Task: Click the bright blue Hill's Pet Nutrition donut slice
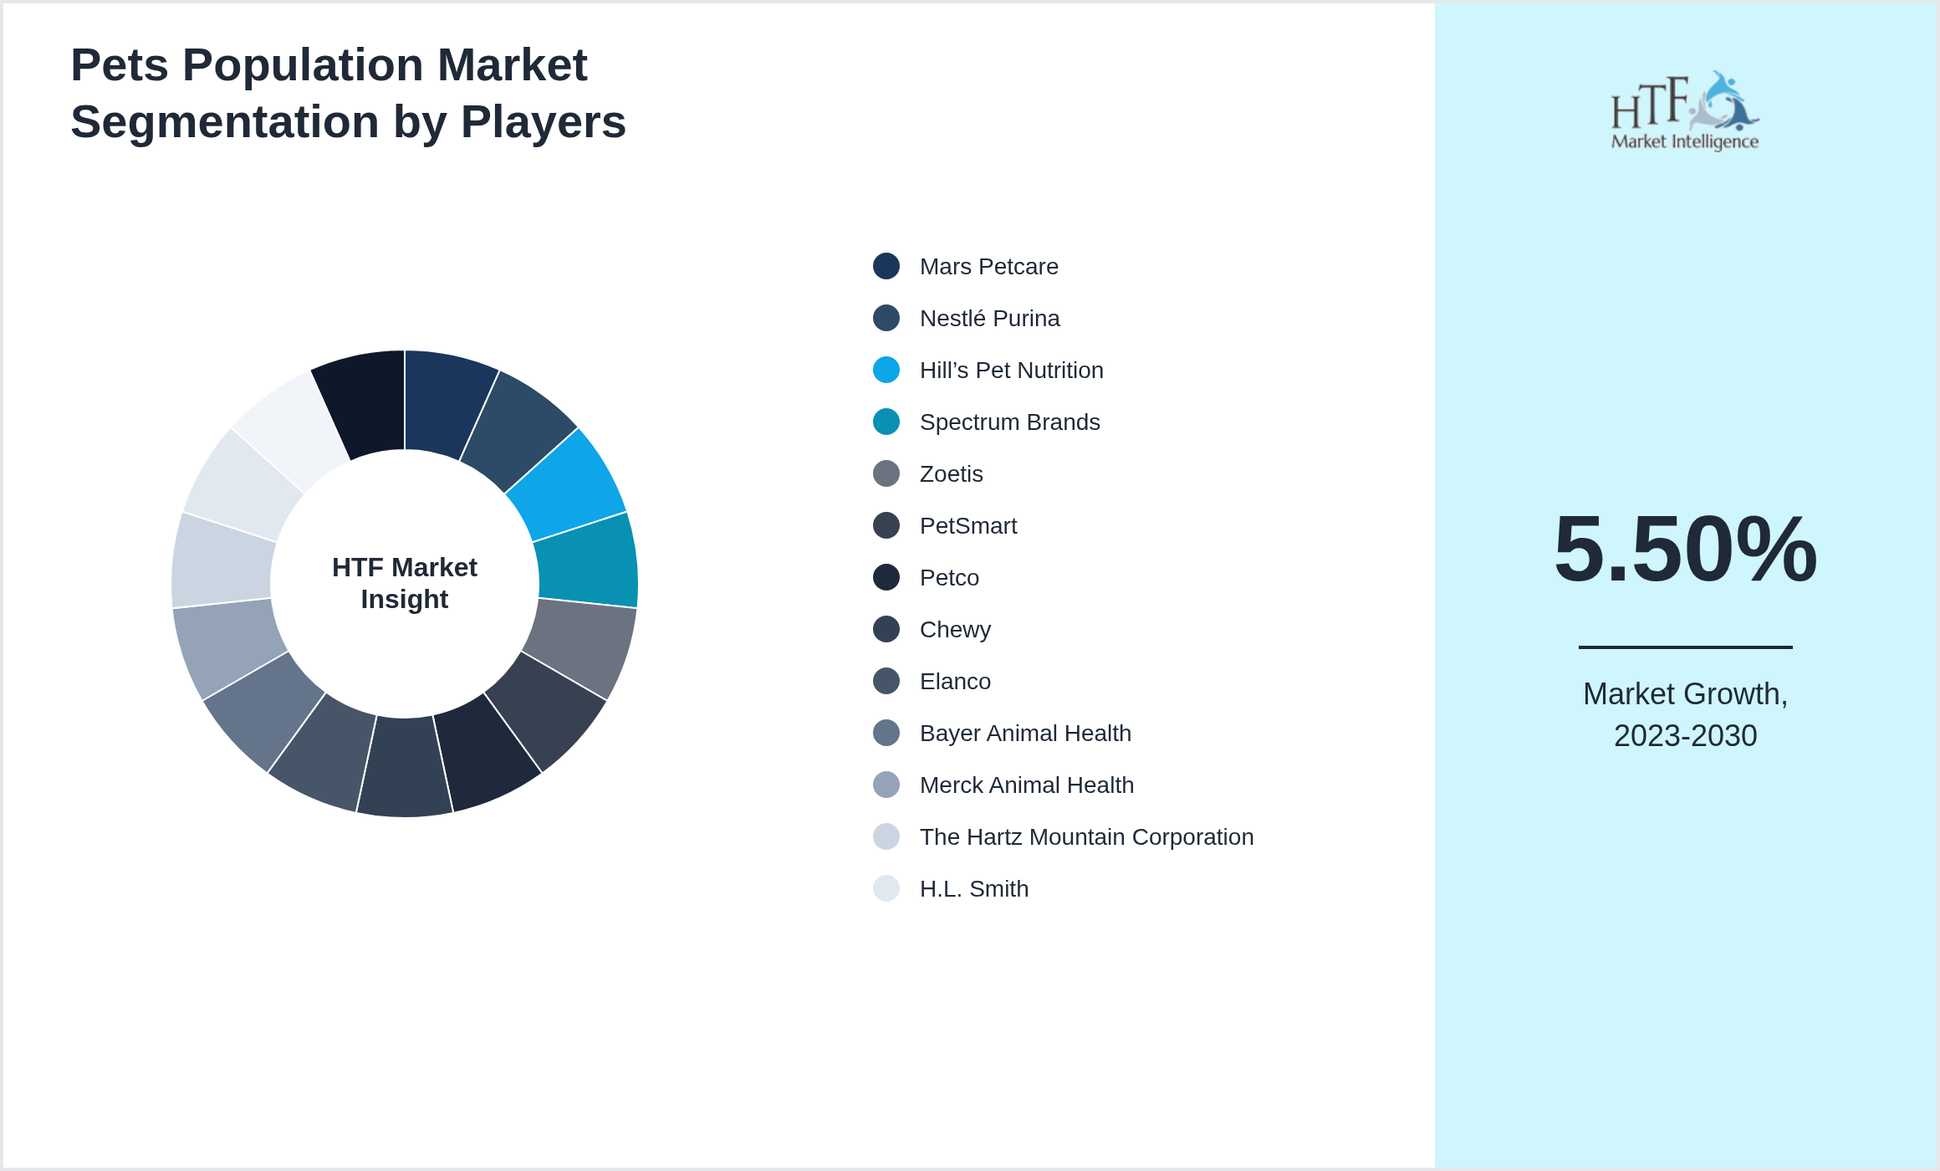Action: [x=569, y=485]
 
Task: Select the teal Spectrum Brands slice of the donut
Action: [x=587, y=560]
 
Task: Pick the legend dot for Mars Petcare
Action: [x=886, y=266]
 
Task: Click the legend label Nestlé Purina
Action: [x=989, y=319]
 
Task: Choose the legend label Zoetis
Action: [x=951, y=474]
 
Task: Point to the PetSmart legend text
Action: [x=967, y=526]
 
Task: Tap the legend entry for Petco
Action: [x=949, y=578]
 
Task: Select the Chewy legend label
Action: [x=955, y=630]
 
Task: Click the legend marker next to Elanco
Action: [x=886, y=681]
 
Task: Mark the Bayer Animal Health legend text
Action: [x=1025, y=734]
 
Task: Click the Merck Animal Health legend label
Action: [x=1026, y=785]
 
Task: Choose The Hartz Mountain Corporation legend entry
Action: [x=1086, y=837]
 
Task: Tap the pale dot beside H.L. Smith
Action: [x=886, y=888]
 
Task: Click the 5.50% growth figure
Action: [x=1685, y=550]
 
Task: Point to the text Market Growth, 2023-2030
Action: [x=1685, y=714]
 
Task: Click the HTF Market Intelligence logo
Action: [x=1685, y=111]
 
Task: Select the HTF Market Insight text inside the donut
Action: [x=405, y=583]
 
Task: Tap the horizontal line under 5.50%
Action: [x=1685, y=647]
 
